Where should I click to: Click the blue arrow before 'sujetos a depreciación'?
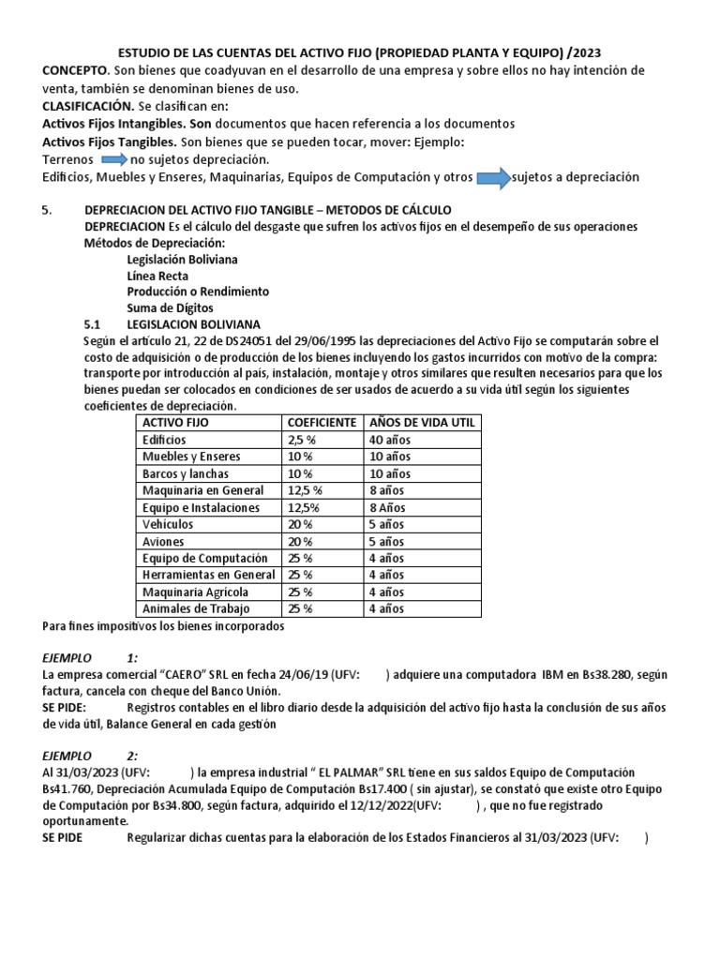coord(492,177)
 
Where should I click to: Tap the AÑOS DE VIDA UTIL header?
coord(421,422)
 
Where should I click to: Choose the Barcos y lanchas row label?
coord(187,473)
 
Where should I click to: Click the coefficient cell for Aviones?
coord(300,541)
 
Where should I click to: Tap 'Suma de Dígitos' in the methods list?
coord(170,307)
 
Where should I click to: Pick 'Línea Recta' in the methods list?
coord(157,276)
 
